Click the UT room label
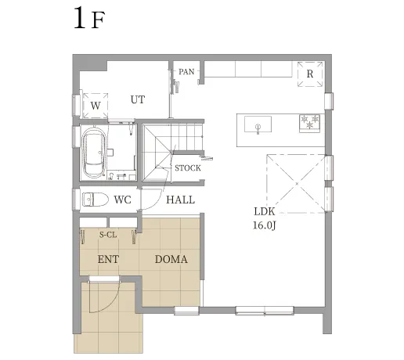click(x=138, y=100)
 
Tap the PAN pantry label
click(x=186, y=72)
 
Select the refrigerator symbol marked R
click(x=310, y=74)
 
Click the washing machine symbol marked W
click(x=96, y=103)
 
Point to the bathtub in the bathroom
click(x=96, y=152)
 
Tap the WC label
click(x=122, y=200)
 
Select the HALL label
click(x=180, y=200)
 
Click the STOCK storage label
click(x=187, y=168)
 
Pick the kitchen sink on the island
click(x=257, y=124)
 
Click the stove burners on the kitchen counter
click(x=309, y=123)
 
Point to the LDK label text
click(x=264, y=211)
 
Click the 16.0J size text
click(x=264, y=225)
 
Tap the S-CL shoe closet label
click(x=108, y=234)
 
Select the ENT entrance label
click(x=108, y=259)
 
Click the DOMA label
click(x=171, y=259)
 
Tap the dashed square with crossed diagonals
click(x=295, y=183)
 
